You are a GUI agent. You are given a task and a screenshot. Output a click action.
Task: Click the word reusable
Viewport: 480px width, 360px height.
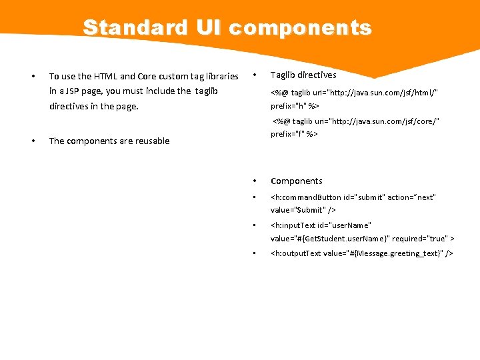coord(149,141)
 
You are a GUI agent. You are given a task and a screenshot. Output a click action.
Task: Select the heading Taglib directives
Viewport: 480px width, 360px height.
coord(303,75)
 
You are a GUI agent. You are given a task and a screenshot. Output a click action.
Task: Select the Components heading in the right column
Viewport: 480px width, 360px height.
coord(296,181)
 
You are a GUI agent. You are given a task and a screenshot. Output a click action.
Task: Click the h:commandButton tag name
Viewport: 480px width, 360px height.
coord(307,197)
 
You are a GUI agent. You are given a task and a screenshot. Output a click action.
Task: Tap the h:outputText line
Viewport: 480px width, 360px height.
coord(361,253)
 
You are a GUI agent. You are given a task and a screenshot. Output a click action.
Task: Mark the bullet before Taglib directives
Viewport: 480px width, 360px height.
coord(255,75)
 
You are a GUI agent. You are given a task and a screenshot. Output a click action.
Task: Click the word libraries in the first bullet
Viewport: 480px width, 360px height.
coord(219,76)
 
